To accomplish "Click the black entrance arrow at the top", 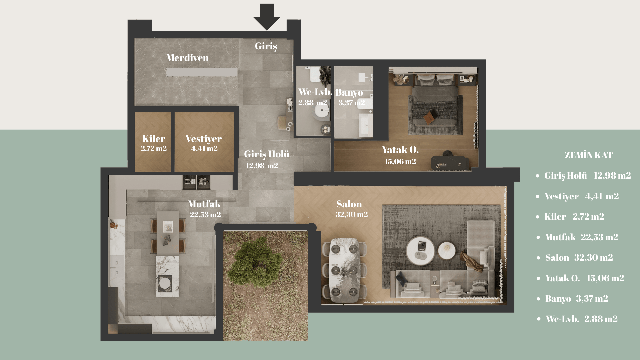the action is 267,17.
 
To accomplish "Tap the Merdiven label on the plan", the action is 187,58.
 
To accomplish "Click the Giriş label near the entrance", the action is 266,46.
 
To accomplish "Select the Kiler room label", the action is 154,139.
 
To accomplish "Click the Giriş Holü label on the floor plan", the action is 267,154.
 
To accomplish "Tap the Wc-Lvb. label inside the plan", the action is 315,92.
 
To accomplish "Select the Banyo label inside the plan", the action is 349,93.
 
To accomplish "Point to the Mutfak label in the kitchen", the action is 204,204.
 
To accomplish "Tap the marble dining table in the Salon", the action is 345,271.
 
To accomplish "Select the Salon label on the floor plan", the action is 349,204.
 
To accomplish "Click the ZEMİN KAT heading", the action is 589,155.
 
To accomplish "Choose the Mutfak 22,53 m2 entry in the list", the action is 581,237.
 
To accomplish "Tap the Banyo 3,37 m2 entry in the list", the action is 577,299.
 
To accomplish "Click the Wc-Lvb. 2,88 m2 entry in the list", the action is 582,319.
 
